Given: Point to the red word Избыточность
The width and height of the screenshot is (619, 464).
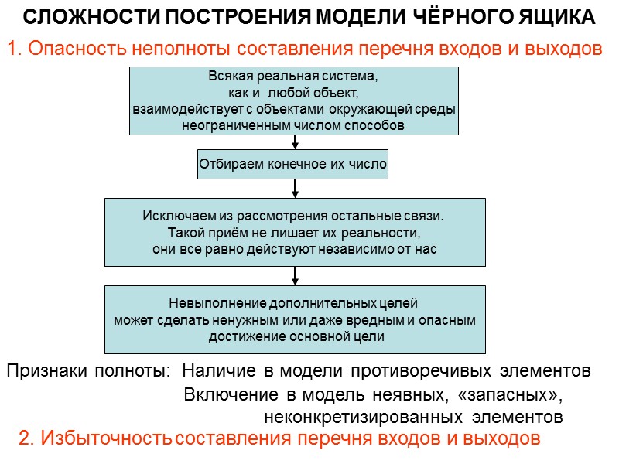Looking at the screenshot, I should (106, 438).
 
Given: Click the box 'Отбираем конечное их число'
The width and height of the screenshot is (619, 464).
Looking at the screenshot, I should (293, 164).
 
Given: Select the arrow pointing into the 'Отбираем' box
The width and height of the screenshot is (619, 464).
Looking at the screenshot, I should (295, 142).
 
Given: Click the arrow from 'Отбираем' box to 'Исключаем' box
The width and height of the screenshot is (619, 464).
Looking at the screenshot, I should (295, 188).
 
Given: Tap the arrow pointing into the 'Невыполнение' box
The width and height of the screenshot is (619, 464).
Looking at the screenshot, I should (295, 275).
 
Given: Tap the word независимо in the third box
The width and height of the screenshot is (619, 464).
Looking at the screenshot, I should (354, 249).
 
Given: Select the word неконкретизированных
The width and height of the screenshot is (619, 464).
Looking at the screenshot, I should (361, 418).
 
